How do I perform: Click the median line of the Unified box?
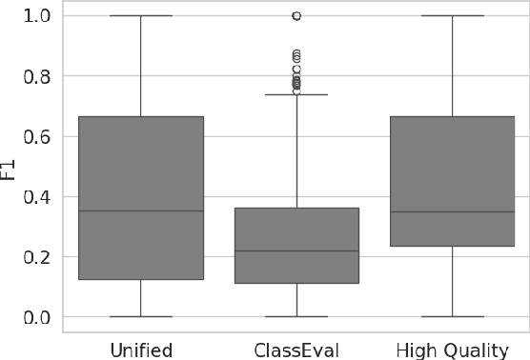[x=141, y=210]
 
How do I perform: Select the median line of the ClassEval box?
[x=296, y=250]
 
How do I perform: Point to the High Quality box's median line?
[x=452, y=211]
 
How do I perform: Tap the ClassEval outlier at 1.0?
[x=296, y=16]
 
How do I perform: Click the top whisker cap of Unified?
[x=141, y=16]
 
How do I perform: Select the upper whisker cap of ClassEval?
[x=296, y=94]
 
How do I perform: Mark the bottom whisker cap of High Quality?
[x=452, y=316]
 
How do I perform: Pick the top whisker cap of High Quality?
[x=452, y=16]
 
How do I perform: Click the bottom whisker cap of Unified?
[x=141, y=316]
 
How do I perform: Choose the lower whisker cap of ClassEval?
[x=296, y=316]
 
